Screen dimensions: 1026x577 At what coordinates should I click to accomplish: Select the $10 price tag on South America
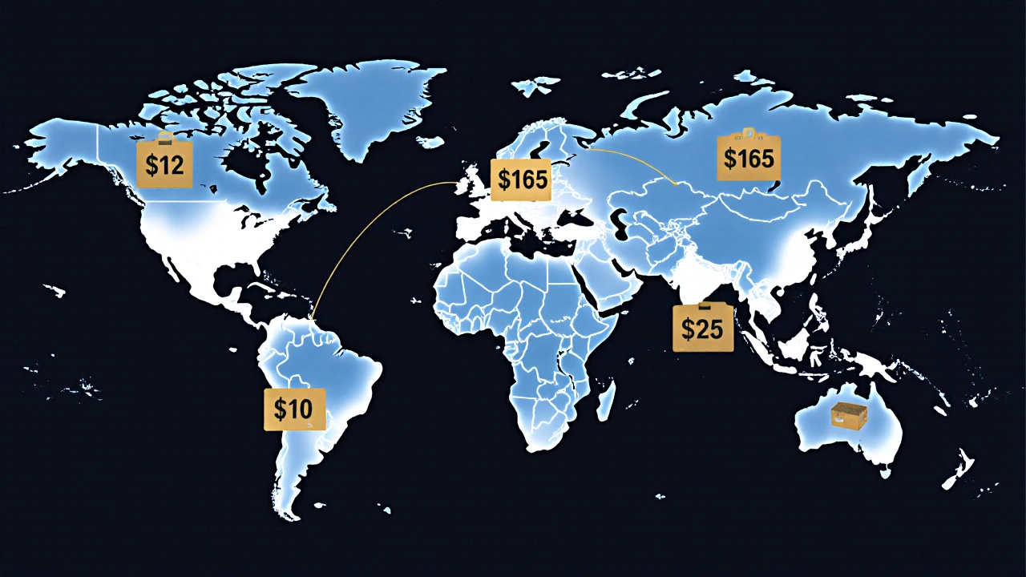tap(294, 409)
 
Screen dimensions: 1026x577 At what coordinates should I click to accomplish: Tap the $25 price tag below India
tap(703, 328)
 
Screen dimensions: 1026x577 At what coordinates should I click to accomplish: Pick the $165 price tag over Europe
tap(522, 180)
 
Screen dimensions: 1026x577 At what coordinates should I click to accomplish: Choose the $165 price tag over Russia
tap(749, 158)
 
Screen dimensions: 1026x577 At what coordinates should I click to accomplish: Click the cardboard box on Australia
tap(849, 415)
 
